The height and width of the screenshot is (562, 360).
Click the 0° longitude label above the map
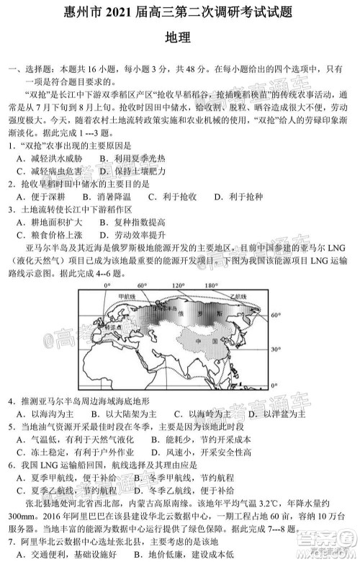106,286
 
